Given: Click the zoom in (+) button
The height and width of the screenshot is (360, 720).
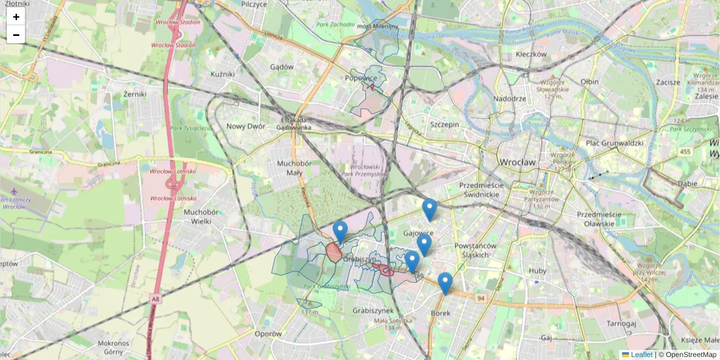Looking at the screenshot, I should pos(16,17).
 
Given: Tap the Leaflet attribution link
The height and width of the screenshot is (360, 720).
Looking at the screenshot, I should pos(641,355).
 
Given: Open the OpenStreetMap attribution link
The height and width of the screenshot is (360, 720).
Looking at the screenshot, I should pos(691,355).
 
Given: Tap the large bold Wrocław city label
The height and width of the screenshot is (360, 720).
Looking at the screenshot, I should pos(517,163).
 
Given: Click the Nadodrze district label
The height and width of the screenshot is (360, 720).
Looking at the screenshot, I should pos(509,98).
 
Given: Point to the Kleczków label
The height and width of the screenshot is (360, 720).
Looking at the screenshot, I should pos(531,54).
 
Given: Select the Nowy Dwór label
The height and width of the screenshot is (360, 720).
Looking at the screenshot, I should pos(245,126).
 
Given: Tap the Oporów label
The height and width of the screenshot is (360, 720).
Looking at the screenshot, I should pos(268,334).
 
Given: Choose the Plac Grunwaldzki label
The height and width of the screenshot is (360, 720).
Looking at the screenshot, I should pos(614,143).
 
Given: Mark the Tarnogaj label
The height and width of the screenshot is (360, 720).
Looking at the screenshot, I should pos(621,323).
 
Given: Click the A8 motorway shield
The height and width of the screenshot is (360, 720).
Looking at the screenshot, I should pos(155,298).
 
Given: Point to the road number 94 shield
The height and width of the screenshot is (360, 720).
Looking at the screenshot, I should pos(481,298).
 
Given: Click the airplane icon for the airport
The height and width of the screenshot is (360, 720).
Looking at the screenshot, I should pos(14,191).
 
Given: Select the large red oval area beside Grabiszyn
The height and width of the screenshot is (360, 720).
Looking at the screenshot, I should pos(334,252).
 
